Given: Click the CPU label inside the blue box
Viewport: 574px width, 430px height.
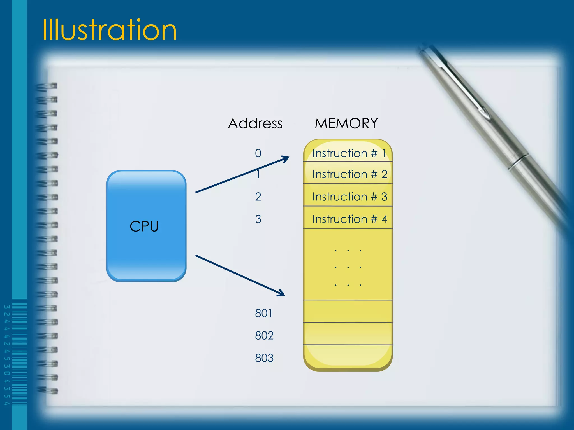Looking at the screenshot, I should [144, 226].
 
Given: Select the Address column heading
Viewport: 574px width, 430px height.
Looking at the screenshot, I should [255, 123].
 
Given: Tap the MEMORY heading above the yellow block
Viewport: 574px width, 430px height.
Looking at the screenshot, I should [346, 123].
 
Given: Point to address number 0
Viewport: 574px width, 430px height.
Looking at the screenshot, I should [258, 153].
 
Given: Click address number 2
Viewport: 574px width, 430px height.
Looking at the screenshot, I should [258, 197].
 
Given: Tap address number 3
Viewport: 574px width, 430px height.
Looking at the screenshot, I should [258, 219].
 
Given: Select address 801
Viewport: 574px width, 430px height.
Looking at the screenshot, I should [263, 313].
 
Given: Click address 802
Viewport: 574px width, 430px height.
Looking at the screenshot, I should [264, 335].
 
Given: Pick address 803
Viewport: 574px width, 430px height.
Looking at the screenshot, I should [264, 358].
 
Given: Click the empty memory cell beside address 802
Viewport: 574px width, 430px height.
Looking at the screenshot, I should [348, 334].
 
